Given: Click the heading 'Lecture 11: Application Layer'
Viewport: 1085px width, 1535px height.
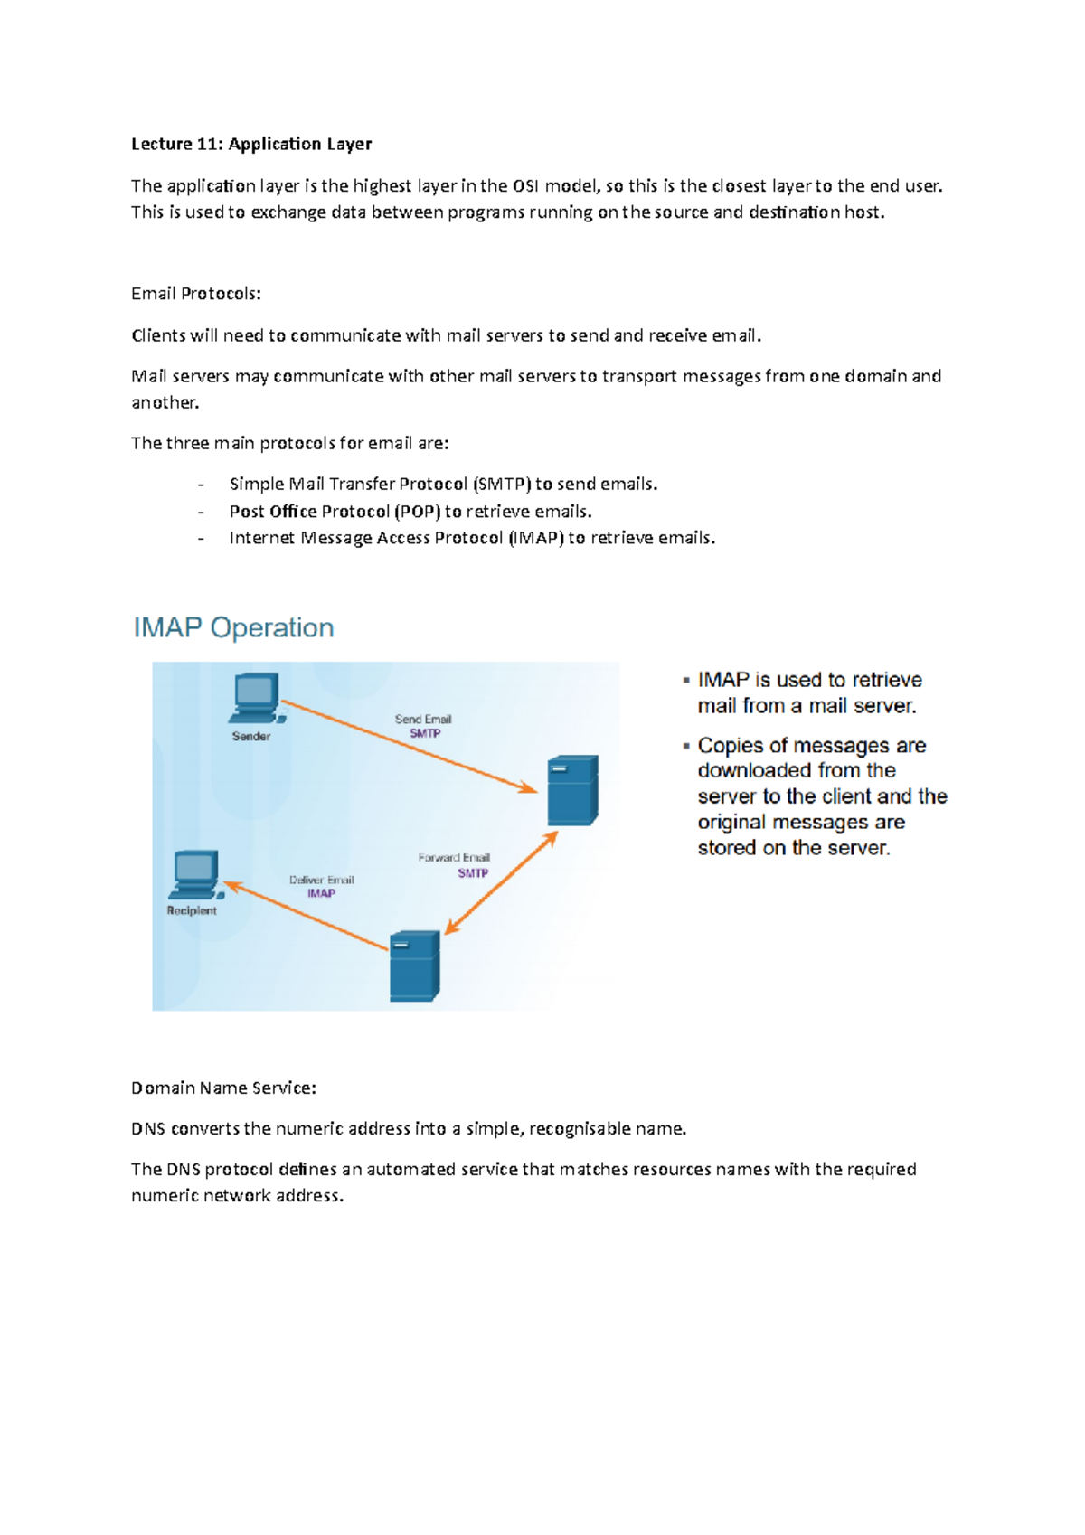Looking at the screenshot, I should [251, 144].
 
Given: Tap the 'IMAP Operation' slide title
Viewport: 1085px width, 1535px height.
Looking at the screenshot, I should [233, 627].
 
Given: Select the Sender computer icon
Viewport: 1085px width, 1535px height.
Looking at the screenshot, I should [257, 698].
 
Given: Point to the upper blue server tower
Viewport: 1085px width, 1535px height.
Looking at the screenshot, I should [572, 790].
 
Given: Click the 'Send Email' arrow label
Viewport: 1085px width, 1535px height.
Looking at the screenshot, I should [422, 719].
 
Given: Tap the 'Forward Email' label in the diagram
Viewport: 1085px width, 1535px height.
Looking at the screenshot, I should [454, 857].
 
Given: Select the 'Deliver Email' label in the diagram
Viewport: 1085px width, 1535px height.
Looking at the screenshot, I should [321, 880].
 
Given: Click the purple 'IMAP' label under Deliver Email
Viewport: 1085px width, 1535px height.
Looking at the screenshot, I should [321, 893].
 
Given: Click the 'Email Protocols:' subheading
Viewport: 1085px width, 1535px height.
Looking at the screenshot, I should [196, 294].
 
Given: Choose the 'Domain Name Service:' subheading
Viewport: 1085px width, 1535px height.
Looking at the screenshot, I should [223, 1088].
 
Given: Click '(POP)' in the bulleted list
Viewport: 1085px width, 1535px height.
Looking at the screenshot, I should [417, 511].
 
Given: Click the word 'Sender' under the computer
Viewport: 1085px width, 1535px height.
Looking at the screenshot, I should [251, 736].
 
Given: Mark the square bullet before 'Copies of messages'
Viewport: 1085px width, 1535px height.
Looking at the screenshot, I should [686, 746].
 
